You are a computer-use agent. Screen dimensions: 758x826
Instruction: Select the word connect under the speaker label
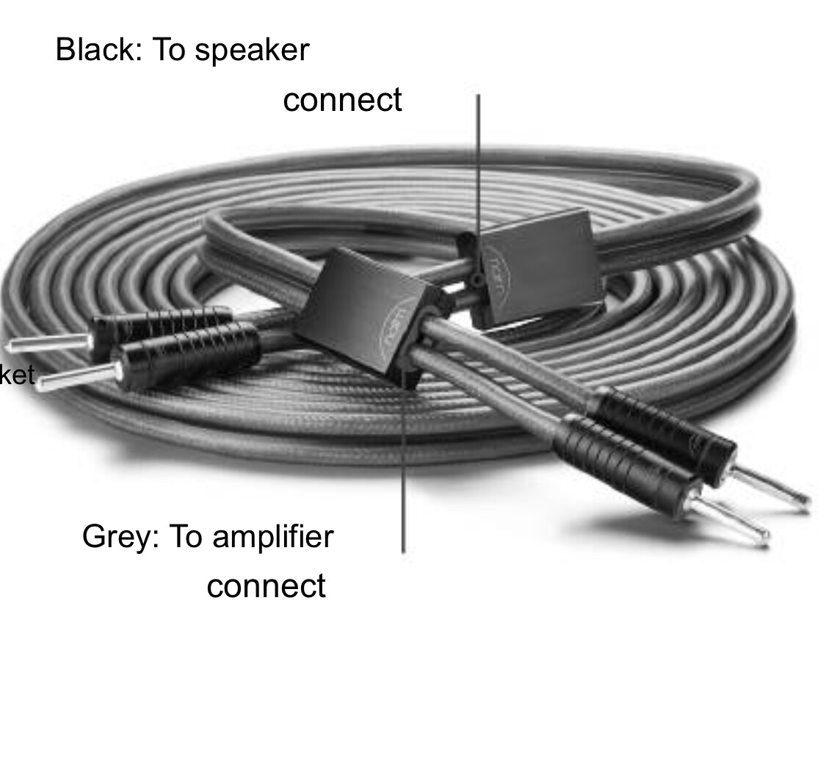coord(342,101)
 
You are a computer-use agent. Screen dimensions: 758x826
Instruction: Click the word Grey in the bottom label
coord(120,537)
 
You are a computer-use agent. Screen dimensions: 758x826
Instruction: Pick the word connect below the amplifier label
coord(266,587)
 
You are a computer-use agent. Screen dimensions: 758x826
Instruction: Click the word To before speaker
coord(168,50)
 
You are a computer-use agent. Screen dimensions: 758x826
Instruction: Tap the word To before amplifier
coord(186,536)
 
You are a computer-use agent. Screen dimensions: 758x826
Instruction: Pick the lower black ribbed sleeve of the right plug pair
coord(624,459)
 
